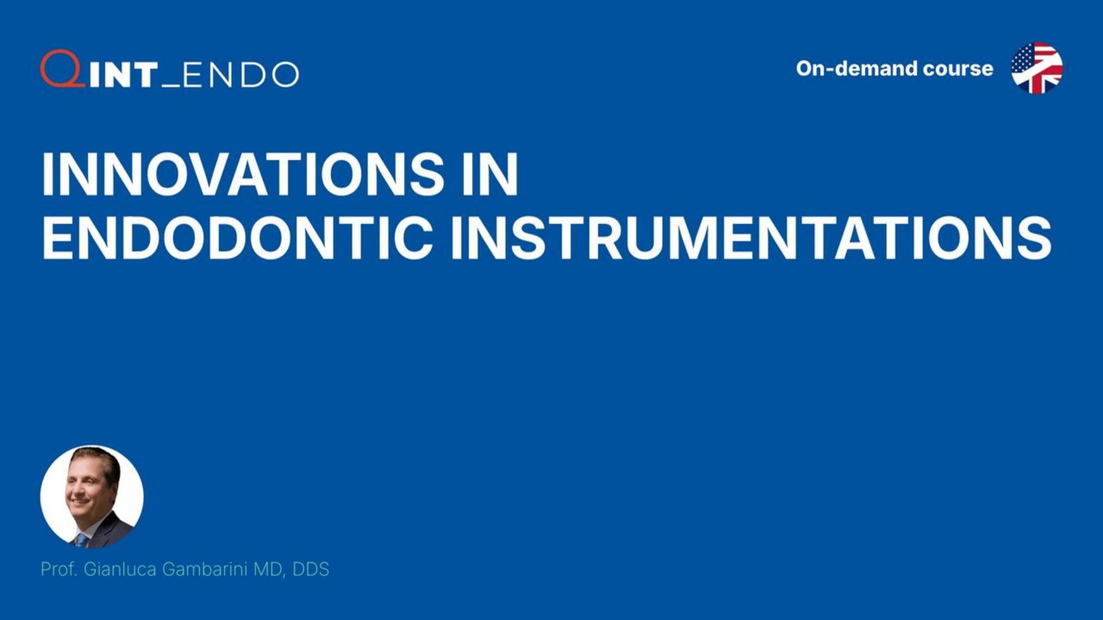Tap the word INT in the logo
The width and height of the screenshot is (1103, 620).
(x=124, y=75)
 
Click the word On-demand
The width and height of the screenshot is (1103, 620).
(x=857, y=68)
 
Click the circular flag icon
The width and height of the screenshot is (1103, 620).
(x=1037, y=68)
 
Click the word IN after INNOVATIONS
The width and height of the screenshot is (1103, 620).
(x=489, y=175)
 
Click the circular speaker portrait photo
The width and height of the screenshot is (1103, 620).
(x=92, y=497)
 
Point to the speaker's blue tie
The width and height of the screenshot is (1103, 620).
(x=80, y=540)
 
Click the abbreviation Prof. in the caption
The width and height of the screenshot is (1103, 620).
(x=59, y=569)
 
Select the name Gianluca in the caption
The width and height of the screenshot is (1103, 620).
(x=120, y=569)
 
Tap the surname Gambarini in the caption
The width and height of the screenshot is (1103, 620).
(x=205, y=569)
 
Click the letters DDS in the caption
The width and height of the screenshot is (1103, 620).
(x=311, y=569)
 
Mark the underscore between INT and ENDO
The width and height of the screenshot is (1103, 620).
(x=171, y=86)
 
